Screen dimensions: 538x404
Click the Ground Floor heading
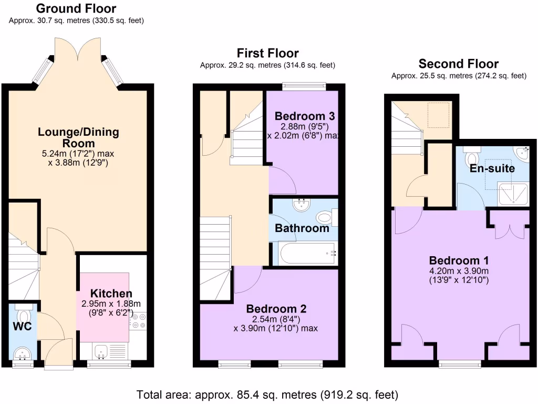(76, 8)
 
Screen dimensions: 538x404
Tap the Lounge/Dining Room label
(79, 137)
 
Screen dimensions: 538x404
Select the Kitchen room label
(111, 294)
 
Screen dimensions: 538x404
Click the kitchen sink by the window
(101, 351)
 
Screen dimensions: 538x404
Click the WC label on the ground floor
(22, 326)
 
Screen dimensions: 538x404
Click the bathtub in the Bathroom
(307, 254)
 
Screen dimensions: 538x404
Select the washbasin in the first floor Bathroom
(302, 205)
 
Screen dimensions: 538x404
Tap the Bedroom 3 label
(305, 116)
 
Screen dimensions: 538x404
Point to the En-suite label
(492, 168)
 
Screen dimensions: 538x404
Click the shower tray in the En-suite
(513, 194)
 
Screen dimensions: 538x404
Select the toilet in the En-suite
(472, 156)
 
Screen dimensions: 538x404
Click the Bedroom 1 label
(459, 260)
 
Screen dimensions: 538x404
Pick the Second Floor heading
(458, 64)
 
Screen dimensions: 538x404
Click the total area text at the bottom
(267, 395)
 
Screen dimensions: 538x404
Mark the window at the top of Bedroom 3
(304, 86)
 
